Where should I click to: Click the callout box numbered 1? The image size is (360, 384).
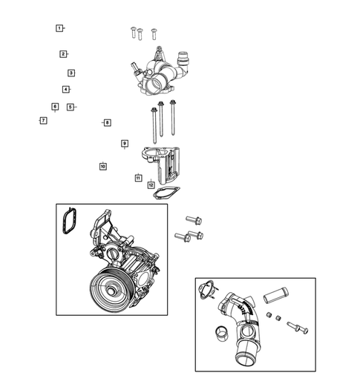click(x=59, y=28)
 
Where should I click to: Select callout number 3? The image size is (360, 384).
click(x=71, y=73)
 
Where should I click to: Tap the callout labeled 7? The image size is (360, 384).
click(x=43, y=120)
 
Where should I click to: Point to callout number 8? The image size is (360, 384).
click(x=107, y=122)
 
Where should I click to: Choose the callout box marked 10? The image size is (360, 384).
click(x=103, y=166)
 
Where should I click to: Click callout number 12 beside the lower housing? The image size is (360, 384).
click(x=151, y=185)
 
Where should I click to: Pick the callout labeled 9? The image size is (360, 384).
click(x=125, y=143)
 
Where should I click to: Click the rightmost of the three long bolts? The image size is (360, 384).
click(x=173, y=119)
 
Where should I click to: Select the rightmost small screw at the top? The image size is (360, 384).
click(x=154, y=33)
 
